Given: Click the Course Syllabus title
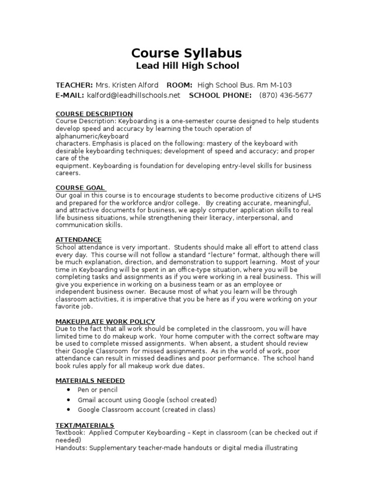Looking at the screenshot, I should click(187, 53).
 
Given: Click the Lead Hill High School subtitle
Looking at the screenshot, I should click(187, 66).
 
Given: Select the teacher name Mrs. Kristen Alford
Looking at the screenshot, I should click(127, 85).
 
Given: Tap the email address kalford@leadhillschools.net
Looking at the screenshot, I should click(133, 95).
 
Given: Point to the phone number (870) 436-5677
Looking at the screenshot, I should click(285, 95).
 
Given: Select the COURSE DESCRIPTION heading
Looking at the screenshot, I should click(94, 114).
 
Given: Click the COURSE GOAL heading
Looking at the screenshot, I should click(80, 188).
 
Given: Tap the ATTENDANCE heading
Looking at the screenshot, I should click(79, 240).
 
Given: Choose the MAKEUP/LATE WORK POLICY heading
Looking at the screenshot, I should click(105, 321).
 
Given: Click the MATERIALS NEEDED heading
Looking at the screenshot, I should click(90, 380).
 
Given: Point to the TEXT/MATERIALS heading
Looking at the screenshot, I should click(85, 425).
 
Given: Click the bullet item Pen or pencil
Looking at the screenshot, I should click(97, 390).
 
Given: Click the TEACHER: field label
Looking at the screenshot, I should click(74, 85).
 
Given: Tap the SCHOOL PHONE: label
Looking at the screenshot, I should click(220, 95).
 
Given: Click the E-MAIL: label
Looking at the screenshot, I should click(70, 95).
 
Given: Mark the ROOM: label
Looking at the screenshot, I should click(180, 85).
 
